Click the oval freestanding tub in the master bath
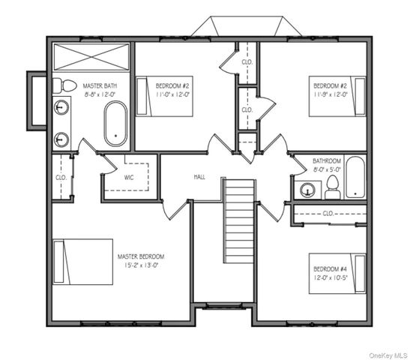(115, 124)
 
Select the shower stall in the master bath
(91, 56)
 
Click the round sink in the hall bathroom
(307, 190)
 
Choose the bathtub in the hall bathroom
(355, 177)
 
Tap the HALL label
(199, 177)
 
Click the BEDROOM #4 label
(329, 268)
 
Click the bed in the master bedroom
(82, 262)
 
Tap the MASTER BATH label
(99, 85)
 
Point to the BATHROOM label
(328, 160)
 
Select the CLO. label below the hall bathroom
(328, 213)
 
